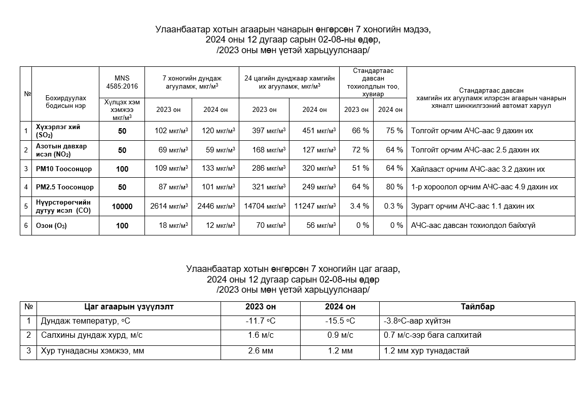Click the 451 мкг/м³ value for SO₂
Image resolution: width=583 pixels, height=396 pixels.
[319, 131]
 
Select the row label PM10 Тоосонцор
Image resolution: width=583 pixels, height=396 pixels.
[63, 169]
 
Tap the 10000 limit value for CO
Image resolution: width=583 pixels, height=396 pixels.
[122, 207]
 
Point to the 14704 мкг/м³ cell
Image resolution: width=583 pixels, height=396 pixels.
[264, 207]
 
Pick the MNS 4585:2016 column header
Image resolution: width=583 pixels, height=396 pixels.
[122, 82]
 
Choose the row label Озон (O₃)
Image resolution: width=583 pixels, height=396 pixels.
[51, 226]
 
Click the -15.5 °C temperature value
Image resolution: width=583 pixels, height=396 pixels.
[340, 322]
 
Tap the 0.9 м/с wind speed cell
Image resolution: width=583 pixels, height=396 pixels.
[340, 336]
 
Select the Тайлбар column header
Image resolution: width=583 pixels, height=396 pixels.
[477, 307]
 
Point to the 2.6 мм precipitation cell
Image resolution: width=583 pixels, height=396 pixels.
[260, 350]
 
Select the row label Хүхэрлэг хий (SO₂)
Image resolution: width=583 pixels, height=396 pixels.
[58, 131]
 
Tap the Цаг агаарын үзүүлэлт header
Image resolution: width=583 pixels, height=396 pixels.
[129, 307]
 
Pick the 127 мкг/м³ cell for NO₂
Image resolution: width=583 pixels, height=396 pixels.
[319, 150]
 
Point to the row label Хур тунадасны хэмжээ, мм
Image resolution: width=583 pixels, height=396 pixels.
[93, 350]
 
